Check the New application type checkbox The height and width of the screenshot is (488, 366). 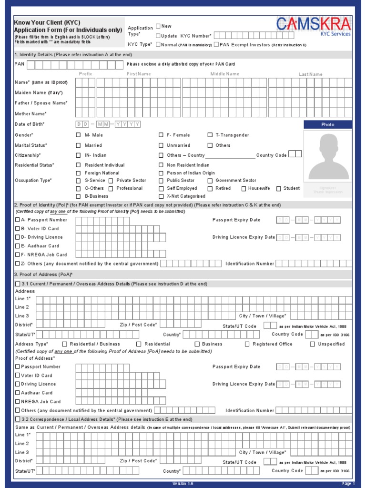[x=158, y=26]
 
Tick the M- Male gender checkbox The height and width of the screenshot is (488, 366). [x=78, y=135]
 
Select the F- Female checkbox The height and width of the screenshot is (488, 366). [x=161, y=135]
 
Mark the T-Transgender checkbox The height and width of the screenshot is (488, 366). [x=210, y=135]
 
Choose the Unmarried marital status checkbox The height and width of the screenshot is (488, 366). [x=161, y=145]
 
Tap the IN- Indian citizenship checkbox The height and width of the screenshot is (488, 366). [x=78, y=155]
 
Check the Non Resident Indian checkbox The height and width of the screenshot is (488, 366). [x=161, y=165]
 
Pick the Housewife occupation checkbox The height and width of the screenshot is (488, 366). [x=242, y=188]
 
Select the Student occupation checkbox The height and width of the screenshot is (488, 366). [x=279, y=188]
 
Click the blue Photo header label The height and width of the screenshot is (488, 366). [x=328, y=124]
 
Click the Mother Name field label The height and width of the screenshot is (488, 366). [x=30, y=114]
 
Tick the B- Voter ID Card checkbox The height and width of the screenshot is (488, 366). [x=18, y=229]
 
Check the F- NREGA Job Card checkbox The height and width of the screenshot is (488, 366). [x=18, y=254]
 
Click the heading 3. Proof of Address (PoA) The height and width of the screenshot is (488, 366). [x=43, y=274]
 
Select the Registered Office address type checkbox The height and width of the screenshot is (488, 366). [x=247, y=344]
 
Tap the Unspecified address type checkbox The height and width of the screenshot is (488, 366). [x=313, y=344]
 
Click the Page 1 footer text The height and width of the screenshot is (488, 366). [x=348, y=484]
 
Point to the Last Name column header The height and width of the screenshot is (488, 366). [x=311, y=74]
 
